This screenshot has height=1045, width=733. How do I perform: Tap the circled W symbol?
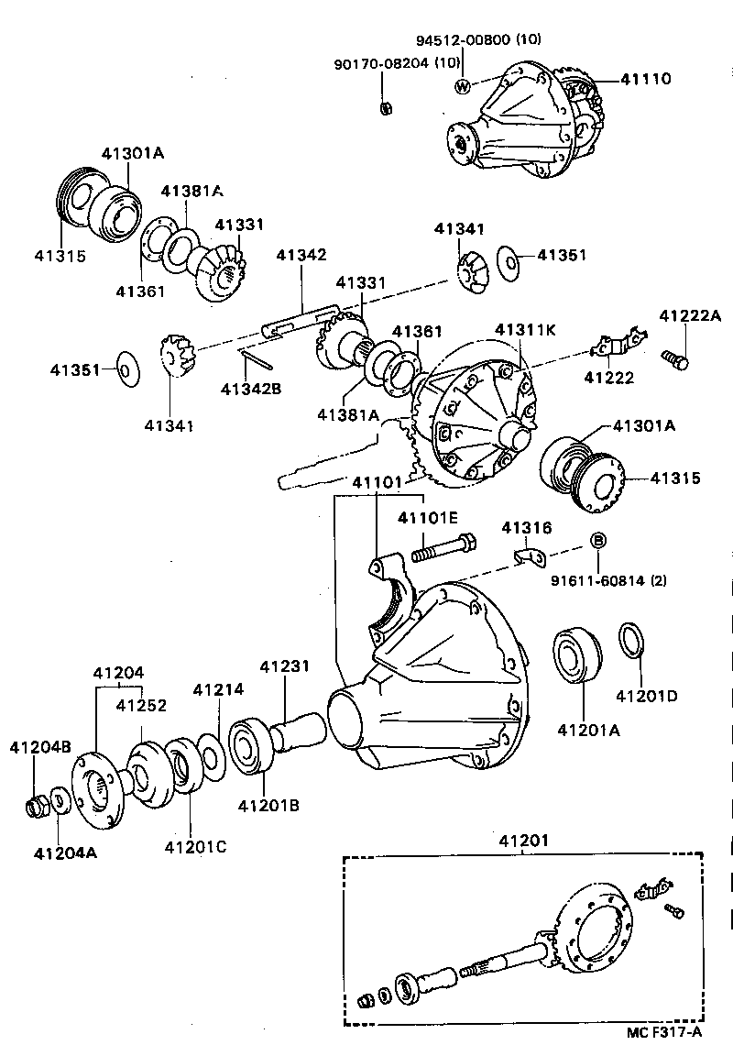(x=463, y=86)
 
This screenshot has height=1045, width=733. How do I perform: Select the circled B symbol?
(x=596, y=541)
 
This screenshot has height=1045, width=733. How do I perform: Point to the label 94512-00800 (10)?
(x=465, y=40)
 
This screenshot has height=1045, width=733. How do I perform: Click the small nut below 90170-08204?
(x=387, y=107)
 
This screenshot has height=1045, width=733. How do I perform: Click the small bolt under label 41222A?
(x=676, y=358)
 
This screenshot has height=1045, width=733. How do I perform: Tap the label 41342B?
(x=250, y=389)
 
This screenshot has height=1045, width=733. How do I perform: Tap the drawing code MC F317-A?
(x=662, y=1032)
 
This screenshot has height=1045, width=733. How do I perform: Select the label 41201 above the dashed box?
(x=523, y=840)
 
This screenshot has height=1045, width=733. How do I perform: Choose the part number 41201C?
(x=194, y=845)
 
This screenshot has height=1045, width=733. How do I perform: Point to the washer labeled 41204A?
(x=58, y=800)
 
